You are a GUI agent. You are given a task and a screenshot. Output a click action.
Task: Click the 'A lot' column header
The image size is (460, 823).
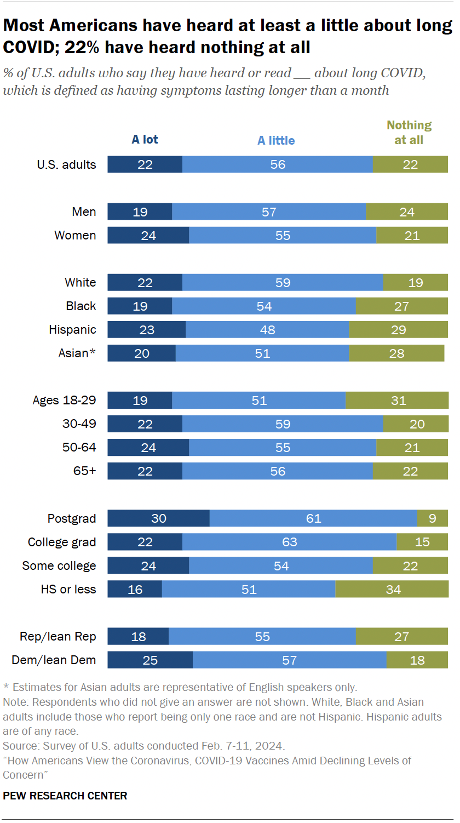(x=145, y=140)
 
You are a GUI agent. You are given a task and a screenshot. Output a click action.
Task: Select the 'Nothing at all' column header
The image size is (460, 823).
(x=409, y=133)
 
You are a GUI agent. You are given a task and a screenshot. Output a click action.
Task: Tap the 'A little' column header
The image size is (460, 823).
(x=276, y=141)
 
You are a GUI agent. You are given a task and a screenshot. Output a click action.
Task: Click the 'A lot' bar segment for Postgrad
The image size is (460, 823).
(x=158, y=518)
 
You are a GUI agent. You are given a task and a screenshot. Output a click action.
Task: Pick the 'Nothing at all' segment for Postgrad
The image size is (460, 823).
(x=432, y=518)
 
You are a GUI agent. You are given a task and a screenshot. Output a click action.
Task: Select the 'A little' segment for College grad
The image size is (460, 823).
(x=289, y=542)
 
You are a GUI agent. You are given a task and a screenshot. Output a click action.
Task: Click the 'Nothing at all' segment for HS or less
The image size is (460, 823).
(x=392, y=589)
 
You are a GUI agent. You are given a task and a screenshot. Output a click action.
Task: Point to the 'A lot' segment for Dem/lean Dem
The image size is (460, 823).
(x=150, y=660)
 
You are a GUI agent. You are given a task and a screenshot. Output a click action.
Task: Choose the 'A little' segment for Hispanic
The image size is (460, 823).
(x=267, y=330)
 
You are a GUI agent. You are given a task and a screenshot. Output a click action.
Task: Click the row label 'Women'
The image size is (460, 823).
(x=75, y=236)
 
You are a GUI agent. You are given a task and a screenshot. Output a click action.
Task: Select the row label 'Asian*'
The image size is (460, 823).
(x=77, y=353)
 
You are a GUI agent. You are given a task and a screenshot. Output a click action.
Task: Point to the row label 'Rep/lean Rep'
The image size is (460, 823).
(x=58, y=637)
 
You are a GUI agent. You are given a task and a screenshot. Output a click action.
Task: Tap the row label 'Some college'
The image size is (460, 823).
(x=59, y=566)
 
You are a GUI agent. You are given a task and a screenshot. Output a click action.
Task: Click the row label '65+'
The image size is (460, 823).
(x=84, y=471)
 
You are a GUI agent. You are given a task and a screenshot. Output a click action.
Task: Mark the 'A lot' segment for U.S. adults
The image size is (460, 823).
(x=145, y=164)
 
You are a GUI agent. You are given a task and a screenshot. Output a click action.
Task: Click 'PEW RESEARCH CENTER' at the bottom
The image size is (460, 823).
(x=65, y=796)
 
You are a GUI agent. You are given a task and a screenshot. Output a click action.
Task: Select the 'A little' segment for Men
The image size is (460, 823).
(x=269, y=212)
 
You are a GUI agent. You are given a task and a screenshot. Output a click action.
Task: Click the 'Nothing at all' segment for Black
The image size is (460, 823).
(x=401, y=306)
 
